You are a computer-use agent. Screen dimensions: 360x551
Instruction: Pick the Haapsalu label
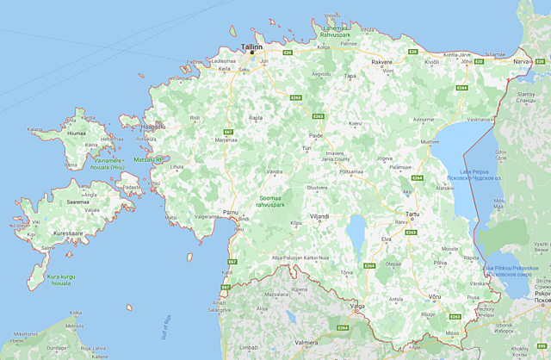click(x=152, y=126)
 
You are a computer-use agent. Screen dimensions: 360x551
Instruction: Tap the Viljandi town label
click(x=320, y=217)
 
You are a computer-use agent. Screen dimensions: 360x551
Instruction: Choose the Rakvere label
click(x=381, y=63)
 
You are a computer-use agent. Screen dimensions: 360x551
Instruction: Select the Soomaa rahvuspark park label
click(x=275, y=202)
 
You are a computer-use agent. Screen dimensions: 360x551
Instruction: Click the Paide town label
click(x=316, y=135)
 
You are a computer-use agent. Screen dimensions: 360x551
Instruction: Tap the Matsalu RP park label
click(x=147, y=159)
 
